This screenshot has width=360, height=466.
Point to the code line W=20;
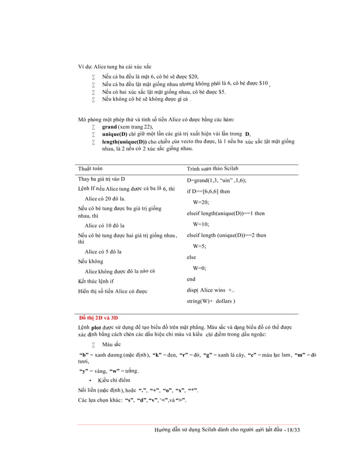(201, 202)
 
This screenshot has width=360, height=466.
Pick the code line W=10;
(201, 224)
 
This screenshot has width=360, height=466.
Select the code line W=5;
(200, 246)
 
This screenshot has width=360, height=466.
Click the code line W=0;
(200, 268)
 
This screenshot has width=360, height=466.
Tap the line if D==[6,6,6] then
(208, 191)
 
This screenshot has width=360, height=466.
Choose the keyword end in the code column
(191, 279)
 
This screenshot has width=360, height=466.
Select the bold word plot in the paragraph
(96, 327)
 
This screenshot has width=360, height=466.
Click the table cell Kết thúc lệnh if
(96, 280)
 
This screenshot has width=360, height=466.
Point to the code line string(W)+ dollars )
(211, 301)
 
